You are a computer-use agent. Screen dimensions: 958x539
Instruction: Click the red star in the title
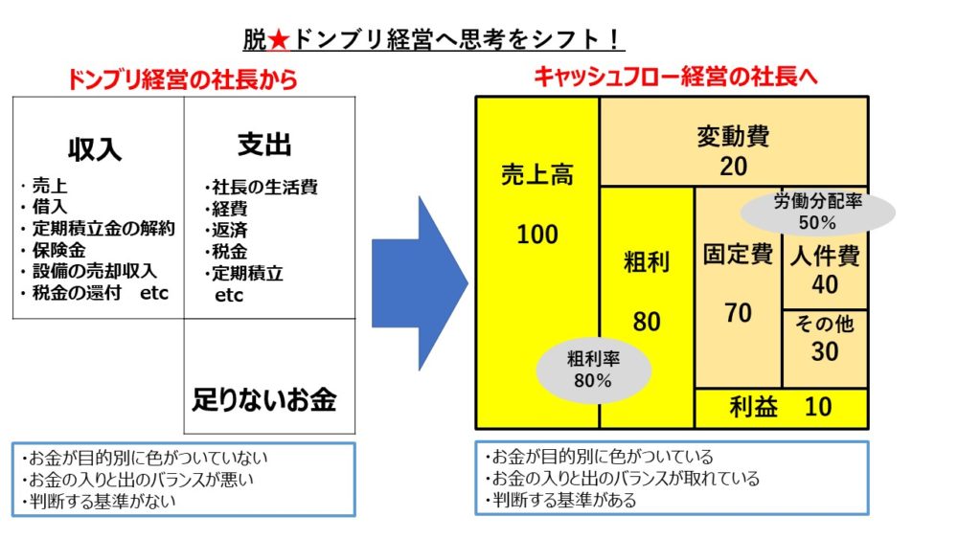(279, 40)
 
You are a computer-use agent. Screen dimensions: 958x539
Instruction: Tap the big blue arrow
(420, 283)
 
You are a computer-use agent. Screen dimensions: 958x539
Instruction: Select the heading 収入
(95, 149)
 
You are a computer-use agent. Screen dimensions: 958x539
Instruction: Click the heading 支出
(264, 145)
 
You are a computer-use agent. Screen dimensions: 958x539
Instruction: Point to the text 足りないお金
(264, 400)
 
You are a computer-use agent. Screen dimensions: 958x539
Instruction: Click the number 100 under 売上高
(537, 235)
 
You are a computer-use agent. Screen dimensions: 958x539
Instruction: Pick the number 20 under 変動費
(733, 166)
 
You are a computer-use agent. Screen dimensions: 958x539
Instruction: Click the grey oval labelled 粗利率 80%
(593, 370)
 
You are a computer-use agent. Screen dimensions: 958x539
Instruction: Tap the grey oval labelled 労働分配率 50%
(817, 212)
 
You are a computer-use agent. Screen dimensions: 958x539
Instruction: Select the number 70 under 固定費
(738, 313)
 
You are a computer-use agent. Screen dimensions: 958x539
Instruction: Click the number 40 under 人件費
(825, 284)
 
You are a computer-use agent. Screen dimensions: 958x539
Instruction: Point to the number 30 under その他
(825, 351)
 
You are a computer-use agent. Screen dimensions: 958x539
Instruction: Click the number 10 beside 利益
(818, 407)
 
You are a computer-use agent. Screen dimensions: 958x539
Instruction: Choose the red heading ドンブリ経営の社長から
(182, 79)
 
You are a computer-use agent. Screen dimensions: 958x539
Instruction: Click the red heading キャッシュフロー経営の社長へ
(675, 77)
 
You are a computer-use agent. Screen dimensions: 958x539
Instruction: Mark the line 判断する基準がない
(99, 501)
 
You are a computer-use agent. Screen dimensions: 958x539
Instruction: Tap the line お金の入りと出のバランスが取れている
(623, 478)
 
